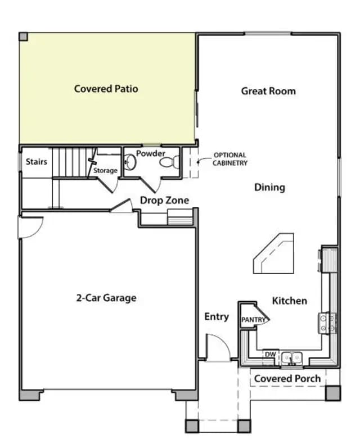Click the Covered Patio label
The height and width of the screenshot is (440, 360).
click(106, 89)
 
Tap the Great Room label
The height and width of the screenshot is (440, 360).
click(268, 91)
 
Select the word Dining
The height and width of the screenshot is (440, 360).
click(269, 188)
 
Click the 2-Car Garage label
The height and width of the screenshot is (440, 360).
click(106, 298)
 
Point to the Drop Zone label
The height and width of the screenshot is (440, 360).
click(165, 201)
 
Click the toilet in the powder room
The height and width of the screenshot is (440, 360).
click(170, 162)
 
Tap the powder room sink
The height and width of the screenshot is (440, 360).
click(130, 162)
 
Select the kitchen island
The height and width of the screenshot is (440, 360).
click(273, 253)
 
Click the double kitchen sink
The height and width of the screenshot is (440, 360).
click(292, 358)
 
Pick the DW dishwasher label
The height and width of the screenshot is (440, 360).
click(271, 355)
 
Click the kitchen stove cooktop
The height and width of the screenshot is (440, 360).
click(327, 323)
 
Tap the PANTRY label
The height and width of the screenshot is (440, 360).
click(253, 320)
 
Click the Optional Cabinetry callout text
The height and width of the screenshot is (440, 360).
click(230, 159)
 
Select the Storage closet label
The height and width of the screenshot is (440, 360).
click(105, 171)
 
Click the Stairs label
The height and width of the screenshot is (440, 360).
click(37, 162)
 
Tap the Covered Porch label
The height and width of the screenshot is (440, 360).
click(287, 379)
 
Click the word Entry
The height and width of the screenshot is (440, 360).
click(217, 317)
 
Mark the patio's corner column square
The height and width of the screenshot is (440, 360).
click(23, 37)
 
